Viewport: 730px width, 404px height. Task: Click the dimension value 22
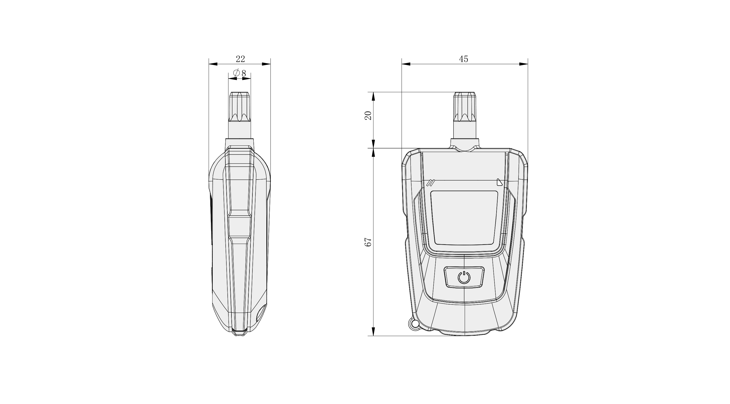pos(240,59)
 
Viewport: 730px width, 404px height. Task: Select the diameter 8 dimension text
pos(240,73)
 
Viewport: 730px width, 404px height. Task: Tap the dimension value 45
pos(464,59)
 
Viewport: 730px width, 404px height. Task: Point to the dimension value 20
pos(368,115)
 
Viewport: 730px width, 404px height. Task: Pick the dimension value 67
pos(368,242)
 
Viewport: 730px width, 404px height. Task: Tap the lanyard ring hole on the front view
pos(415,324)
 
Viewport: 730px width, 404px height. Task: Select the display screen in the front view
pos(464,218)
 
